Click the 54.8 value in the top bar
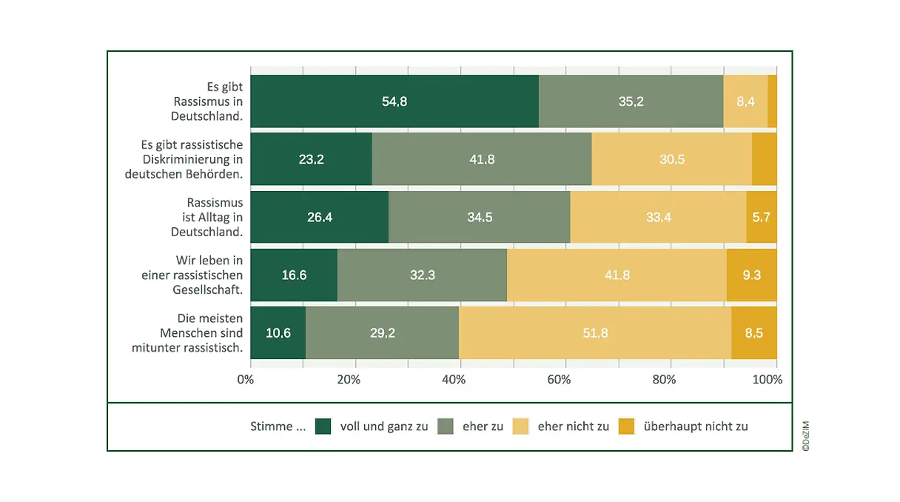394,101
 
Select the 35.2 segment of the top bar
631,101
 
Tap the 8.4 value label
745,101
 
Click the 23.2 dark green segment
311,159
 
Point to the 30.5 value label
671,159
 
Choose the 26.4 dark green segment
319,217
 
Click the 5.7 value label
762,217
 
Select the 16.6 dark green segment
294,275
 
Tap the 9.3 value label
752,275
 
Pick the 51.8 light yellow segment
595,333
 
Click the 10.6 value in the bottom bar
278,333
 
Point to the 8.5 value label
754,333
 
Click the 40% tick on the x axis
454,380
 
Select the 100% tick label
768,380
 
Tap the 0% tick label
245,380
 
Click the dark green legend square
323,426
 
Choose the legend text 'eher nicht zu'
574,426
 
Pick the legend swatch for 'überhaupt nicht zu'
627,426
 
